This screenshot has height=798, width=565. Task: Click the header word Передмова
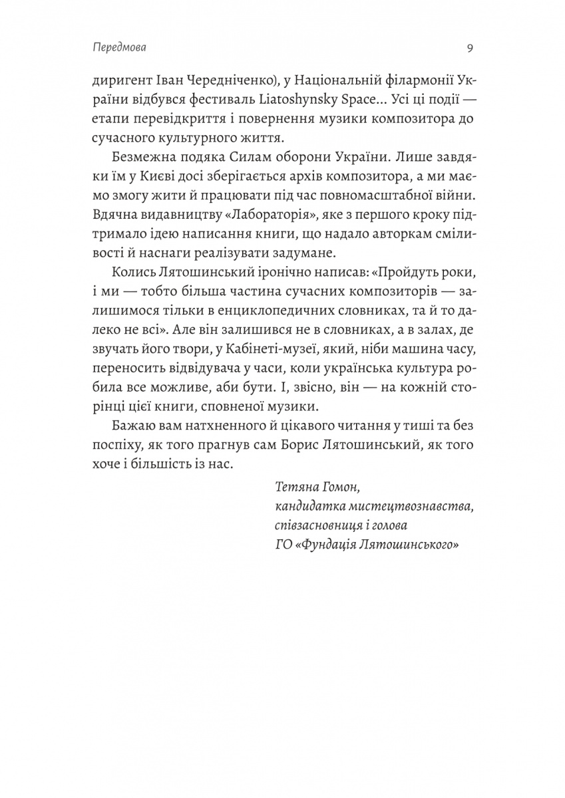(120, 49)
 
